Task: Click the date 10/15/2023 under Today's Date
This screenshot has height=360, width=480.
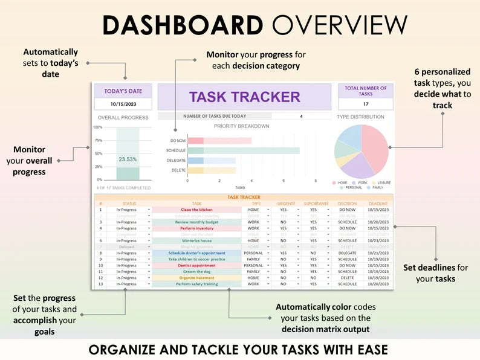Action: click(123, 103)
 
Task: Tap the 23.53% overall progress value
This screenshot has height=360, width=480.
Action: click(127, 159)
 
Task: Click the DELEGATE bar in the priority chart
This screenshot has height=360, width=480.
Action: click(212, 161)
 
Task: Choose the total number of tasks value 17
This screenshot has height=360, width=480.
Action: click(365, 103)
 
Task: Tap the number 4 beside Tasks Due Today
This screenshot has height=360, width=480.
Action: click(301, 117)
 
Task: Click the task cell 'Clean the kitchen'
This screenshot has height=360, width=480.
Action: click(196, 210)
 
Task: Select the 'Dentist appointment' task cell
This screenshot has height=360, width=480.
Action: click(196, 265)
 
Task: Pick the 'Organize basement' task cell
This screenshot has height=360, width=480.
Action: click(196, 278)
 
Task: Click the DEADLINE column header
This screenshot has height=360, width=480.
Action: click(378, 204)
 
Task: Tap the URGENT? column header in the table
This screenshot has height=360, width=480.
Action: click(285, 204)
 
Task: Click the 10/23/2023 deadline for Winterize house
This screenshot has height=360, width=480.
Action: click(378, 240)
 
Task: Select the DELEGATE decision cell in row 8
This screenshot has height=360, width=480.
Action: click(347, 253)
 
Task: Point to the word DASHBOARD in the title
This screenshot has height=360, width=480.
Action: click(182, 25)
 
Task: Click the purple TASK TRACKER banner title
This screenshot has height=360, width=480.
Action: click(244, 97)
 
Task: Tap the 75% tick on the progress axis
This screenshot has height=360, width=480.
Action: click(98, 140)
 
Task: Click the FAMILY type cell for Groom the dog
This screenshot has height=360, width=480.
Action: click(253, 272)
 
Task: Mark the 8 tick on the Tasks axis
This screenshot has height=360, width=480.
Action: click(315, 181)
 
